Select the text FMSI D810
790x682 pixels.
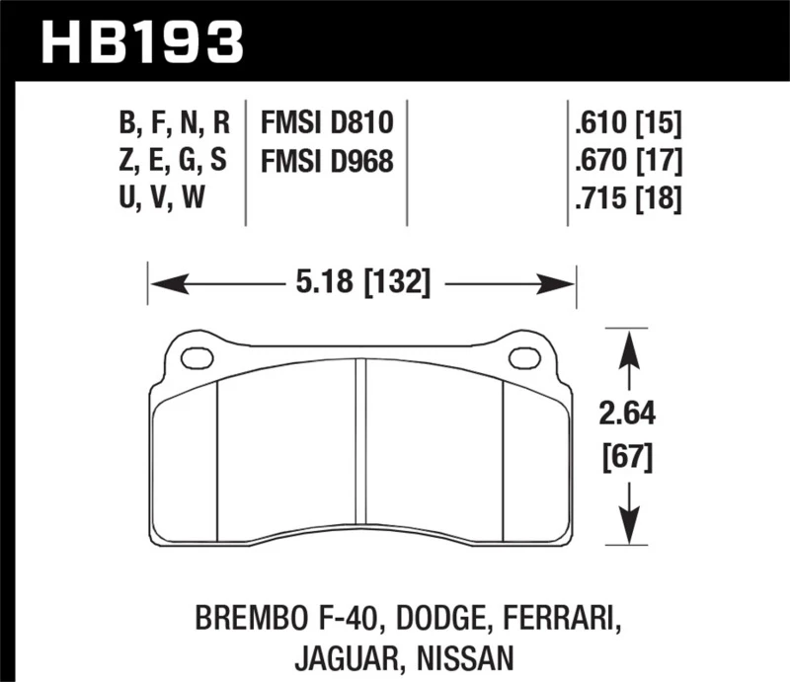pyautogui.click(x=327, y=123)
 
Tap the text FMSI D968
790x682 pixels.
pyautogui.click(x=327, y=161)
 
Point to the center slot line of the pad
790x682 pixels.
pyautogui.click(x=361, y=444)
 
